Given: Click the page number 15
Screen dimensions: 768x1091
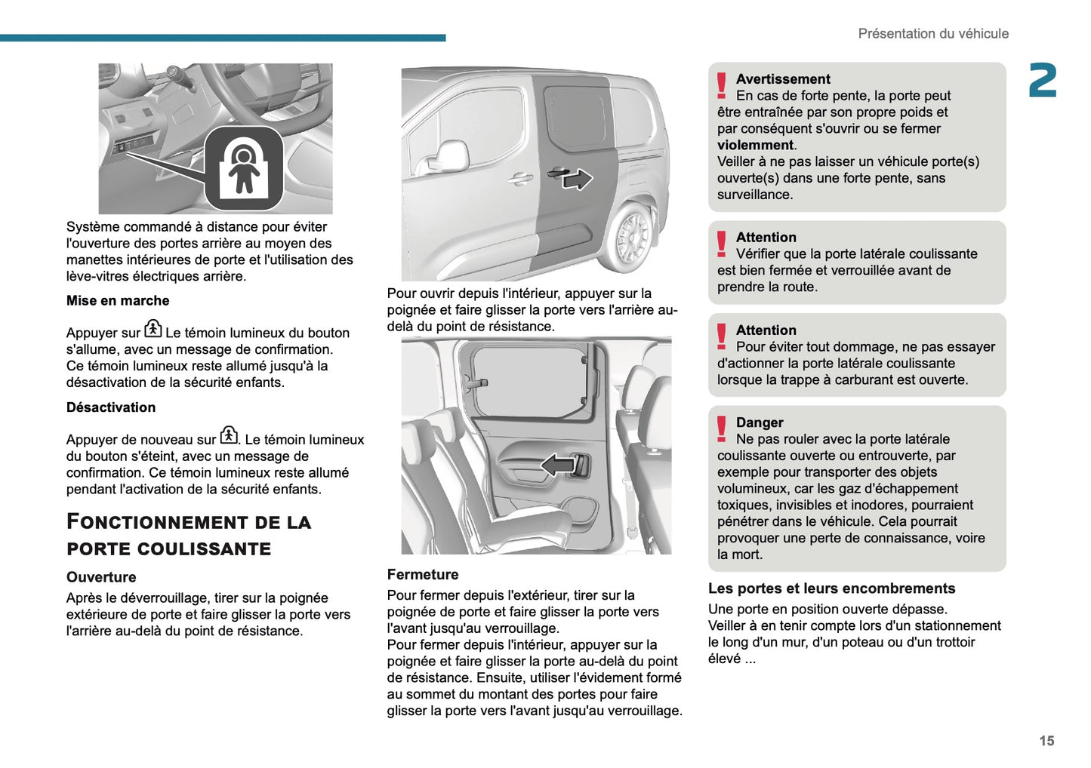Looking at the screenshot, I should [x=1046, y=741].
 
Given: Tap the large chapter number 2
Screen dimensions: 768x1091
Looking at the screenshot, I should [x=1042, y=81].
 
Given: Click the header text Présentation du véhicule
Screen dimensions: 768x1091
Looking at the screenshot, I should [x=932, y=34].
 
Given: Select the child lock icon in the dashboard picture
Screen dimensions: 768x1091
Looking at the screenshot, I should [x=244, y=168].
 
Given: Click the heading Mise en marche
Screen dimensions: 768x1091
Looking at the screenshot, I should [x=118, y=300].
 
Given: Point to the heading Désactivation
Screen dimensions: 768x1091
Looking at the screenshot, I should [x=111, y=407].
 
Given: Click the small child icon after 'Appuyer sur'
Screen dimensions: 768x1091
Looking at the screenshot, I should [x=153, y=328].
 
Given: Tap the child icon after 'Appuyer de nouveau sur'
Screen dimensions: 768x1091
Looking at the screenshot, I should [x=229, y=435].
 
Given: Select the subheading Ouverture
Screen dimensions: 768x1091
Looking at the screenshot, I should [x=101, y=577].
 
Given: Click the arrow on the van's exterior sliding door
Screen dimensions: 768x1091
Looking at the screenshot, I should [x=578, y=179].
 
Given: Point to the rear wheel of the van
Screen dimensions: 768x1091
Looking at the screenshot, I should [x=631, y=238].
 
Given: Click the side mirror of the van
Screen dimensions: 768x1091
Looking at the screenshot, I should [x=452, y=156].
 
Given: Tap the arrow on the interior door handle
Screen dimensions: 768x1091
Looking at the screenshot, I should [x=558, y=465].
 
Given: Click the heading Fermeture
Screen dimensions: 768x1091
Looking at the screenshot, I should [x=423, y=575].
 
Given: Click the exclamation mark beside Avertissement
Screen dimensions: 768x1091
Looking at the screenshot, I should [x=722, y=86].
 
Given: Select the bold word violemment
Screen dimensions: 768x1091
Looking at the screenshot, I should [x=755, y=145].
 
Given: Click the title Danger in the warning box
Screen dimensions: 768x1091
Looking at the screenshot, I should [x=760, y=422].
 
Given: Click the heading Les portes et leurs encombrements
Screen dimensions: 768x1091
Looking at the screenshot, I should [x=831, y=588].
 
